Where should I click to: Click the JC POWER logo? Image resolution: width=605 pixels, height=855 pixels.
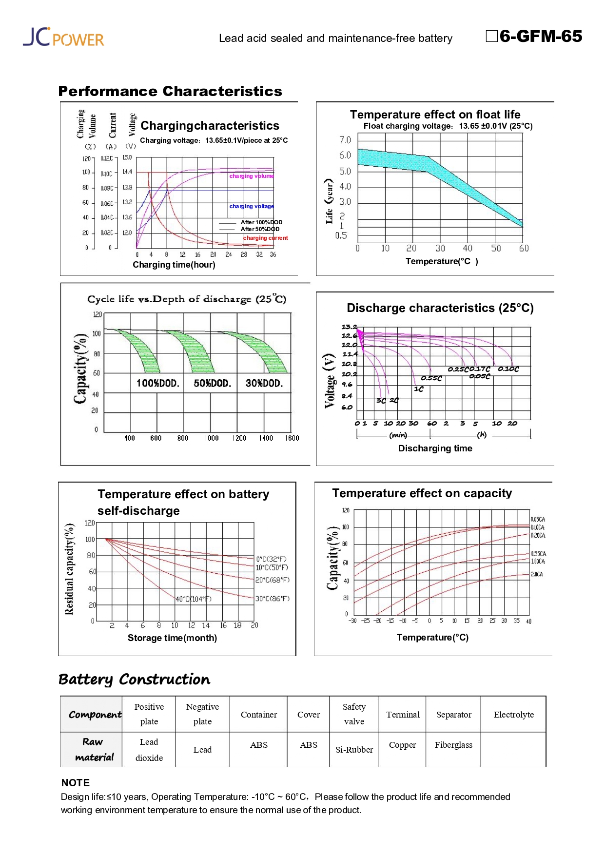(63, 37)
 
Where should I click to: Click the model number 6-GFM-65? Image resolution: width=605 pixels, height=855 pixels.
(540, 37)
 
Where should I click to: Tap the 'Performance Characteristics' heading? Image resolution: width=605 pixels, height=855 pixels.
(170, 91)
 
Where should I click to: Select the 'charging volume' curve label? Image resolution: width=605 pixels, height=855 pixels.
(252, 176)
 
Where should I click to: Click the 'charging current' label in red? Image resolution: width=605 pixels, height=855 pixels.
(265, 238)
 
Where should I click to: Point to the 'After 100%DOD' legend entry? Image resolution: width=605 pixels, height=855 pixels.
(261, 222)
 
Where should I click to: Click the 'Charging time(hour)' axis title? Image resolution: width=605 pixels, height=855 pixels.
(174, 265)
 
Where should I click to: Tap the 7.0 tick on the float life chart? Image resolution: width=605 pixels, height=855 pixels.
(345, 140)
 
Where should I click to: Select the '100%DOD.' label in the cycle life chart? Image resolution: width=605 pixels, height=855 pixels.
(157, 383)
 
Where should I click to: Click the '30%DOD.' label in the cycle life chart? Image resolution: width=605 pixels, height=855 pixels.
(264, 383)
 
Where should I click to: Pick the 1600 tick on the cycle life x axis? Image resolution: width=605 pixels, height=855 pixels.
(292, 438)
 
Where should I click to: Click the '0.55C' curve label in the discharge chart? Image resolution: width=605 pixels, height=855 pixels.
(431, 378)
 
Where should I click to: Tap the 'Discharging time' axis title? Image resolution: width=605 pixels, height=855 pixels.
(435, 448)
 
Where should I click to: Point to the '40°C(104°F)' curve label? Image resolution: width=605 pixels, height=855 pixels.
(194, 599)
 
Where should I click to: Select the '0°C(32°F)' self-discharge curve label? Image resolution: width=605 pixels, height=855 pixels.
(272, 559)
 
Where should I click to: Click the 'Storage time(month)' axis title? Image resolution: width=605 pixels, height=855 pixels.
(172, 638)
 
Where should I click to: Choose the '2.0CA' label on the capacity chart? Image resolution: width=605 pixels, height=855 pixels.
(537, 575)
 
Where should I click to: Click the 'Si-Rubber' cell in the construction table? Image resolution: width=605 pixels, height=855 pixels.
(354, 750)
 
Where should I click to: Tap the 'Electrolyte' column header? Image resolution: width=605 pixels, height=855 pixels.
(513, 715)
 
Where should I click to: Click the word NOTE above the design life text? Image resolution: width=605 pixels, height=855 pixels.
(76, 783)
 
